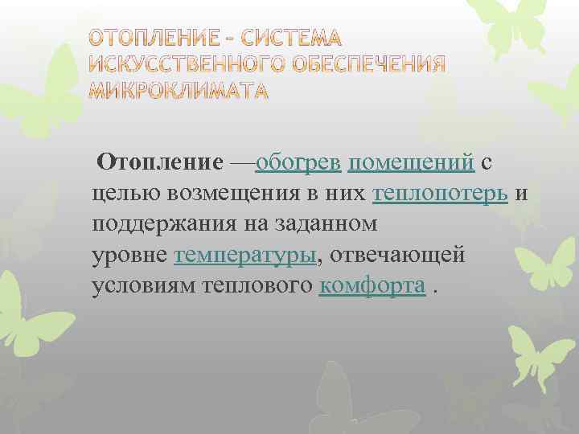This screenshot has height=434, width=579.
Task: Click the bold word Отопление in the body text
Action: [160, 163]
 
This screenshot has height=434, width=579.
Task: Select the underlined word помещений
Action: [412, 163]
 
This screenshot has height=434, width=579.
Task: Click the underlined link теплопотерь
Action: [440, 194]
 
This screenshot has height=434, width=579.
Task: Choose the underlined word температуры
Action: [246, 256]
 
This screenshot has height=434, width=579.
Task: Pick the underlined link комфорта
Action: [372, 286]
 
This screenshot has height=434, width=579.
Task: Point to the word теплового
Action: [260, 286]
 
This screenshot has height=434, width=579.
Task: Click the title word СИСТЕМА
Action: [291, 38]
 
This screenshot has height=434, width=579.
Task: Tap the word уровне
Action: [129, 256]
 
